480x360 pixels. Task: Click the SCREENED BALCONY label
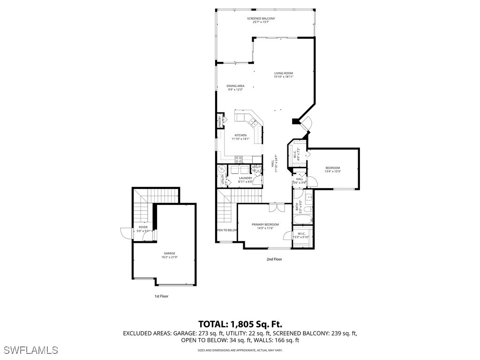(261, 18)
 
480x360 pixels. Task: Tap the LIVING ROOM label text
(284, 73)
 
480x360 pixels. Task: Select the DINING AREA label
(235, 86)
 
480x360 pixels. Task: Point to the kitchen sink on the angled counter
(253, 123)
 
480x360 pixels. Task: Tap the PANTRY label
(219, 121)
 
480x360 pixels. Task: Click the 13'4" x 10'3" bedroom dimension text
(332, 172)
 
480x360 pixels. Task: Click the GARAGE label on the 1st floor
(169, 253)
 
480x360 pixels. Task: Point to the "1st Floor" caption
(161, 296)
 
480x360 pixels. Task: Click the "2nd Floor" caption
(274, 259)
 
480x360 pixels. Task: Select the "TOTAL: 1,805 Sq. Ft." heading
(240, 324)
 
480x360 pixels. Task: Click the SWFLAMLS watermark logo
(30, 350)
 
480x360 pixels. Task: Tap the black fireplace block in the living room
(295, 121)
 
